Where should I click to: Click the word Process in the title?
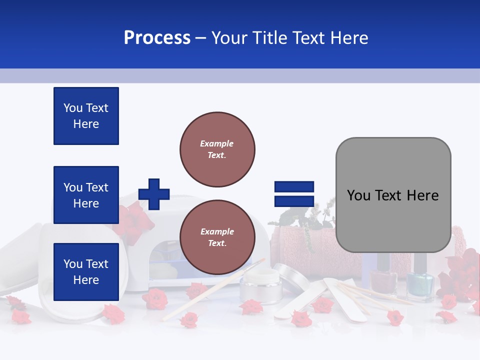tap(157, 38)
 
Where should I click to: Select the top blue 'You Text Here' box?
tap(86, 116)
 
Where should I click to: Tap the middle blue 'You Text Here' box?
tap(86, 195)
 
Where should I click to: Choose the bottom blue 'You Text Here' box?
tap(86, 271)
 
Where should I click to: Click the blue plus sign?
tap(154, 194)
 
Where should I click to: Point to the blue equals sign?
tap(294, 194)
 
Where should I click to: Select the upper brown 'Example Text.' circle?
tap(217, 149)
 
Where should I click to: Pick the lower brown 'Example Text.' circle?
tap(217, 237)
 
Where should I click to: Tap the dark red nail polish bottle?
tap(383, 277)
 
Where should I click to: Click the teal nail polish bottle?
tap(419, 282)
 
